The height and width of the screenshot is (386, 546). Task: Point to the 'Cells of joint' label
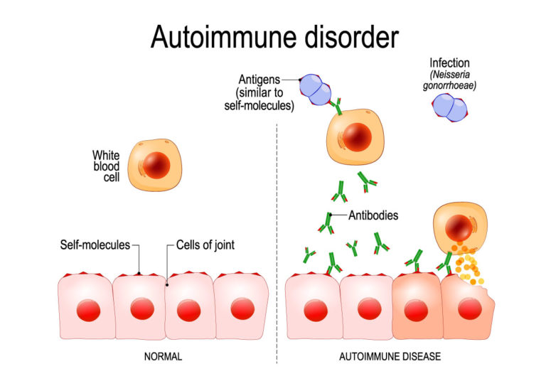click(205, 245)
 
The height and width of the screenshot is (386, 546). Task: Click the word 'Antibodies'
click(373, 215)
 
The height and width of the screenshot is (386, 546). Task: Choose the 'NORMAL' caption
click(161, 356)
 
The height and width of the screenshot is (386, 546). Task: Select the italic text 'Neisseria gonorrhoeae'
click(453, 81)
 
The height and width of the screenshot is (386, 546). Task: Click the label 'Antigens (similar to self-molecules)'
click(268, 92)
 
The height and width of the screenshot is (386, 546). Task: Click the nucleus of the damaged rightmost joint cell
click(469, 310)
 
